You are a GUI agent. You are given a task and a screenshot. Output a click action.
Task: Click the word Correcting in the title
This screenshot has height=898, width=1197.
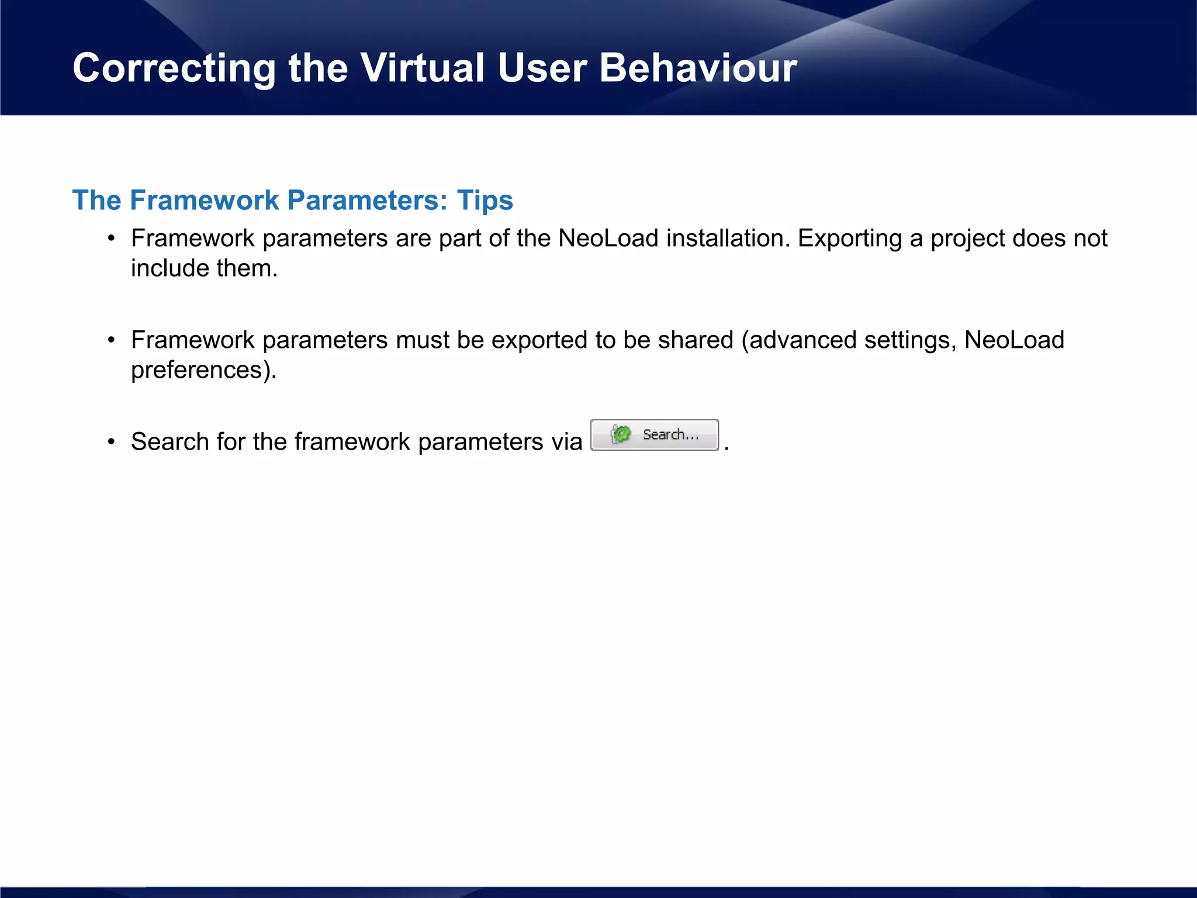coord(174,68)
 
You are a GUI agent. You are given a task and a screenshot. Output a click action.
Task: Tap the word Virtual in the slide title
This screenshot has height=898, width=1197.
coord(422,68)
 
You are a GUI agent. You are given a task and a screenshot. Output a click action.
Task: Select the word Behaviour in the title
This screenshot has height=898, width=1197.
coord(698,68)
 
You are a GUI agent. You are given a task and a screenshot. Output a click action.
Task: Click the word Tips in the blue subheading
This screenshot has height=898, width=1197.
coord(485,200)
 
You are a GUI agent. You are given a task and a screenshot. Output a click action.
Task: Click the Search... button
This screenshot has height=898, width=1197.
coord(655,435)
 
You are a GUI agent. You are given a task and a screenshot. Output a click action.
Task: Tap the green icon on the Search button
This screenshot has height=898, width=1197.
coord(621,434)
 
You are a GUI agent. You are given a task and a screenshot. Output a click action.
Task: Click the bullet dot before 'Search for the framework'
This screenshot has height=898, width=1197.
coord(111,442)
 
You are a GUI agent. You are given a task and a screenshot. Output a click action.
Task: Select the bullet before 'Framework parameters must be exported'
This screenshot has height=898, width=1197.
coord(111,340)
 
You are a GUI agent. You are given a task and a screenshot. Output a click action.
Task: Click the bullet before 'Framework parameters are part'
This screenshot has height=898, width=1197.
coord(111,239)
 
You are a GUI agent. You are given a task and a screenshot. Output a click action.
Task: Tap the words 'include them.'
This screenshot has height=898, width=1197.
coord(204,268)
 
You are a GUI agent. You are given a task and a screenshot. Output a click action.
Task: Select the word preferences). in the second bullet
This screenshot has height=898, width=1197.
coord(203,370)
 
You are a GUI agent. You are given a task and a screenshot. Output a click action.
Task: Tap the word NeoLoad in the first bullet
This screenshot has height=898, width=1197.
coord(608,239)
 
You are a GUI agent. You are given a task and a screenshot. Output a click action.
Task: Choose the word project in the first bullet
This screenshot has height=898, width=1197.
coord(967,239)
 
